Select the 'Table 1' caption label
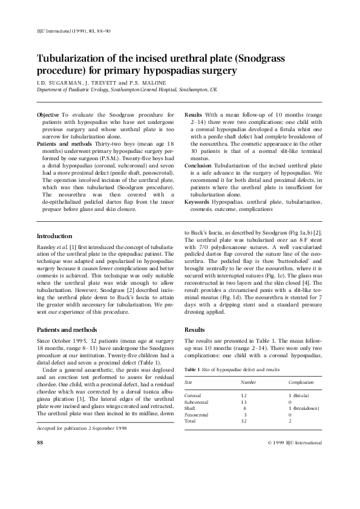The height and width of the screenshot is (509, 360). (x=194, y=368)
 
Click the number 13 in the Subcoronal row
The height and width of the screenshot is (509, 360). (x=244, y=401)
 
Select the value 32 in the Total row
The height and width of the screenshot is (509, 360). (x=244, y=421)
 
